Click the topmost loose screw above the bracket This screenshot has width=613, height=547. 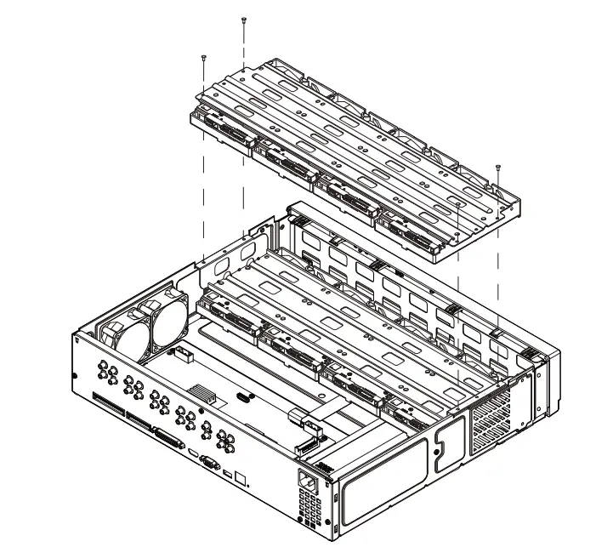point(244,20)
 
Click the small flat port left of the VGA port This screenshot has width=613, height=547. point(193,453)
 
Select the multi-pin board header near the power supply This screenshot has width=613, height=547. point(304,446)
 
